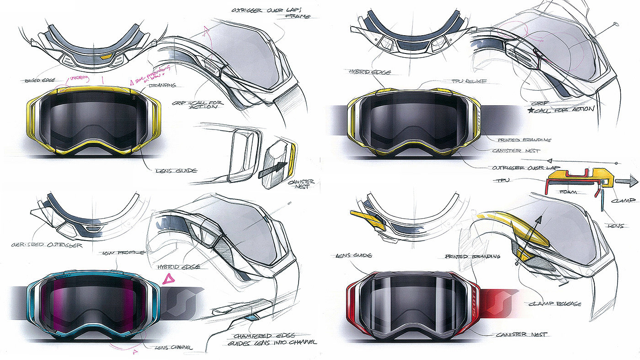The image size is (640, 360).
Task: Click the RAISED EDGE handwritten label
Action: (37, 81)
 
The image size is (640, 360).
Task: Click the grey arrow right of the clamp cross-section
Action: (626, 182)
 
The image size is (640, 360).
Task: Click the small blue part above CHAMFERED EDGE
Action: (251, 317)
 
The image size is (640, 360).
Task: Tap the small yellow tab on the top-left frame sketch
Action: (106, 57)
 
